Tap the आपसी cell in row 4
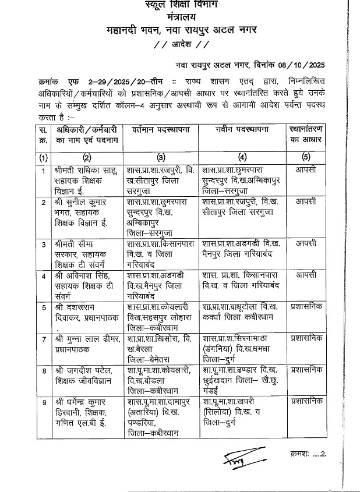[x=306, y=274]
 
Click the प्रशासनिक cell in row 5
[x=308, y=306]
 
